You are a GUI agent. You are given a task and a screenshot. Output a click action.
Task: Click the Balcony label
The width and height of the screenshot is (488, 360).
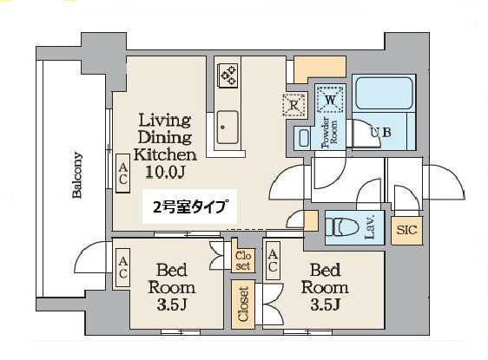pos(77,175)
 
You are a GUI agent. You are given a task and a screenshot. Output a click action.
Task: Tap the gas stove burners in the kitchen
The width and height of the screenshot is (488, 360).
pos(228,75)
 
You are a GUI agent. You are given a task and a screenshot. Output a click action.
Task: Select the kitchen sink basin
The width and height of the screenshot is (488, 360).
pos(228,128)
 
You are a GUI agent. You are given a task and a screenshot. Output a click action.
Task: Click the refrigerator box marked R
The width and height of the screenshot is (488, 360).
pos(293,105)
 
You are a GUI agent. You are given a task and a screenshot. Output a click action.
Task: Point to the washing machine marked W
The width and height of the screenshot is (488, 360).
pos(330,100)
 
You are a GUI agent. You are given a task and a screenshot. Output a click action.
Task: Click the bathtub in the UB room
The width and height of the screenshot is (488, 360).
pos(385,93)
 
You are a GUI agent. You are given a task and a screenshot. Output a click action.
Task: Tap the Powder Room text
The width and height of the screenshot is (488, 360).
pos(329,132)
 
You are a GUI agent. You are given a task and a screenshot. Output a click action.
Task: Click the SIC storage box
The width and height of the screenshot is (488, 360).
pos(406,231)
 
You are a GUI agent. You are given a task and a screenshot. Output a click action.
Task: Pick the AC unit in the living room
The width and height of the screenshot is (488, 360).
pos(123,173)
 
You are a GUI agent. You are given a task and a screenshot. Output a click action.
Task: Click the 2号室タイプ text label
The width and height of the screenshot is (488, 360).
pos(189,206)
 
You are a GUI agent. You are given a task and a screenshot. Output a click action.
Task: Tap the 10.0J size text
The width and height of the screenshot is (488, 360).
pos(165,172)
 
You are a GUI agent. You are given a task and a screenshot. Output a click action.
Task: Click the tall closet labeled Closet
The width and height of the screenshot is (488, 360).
pos(243,304)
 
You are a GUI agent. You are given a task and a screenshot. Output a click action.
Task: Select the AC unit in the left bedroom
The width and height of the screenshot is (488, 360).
pos(123,267)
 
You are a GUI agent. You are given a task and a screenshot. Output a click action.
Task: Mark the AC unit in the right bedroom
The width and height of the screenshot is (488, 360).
pos(273,260)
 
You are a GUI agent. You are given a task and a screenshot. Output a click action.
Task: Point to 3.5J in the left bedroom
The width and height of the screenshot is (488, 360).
pos(171,305)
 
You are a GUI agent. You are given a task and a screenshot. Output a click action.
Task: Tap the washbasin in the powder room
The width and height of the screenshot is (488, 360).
pos(304,138)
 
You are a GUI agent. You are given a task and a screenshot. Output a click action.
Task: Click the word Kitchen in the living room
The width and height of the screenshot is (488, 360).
pos(165,154)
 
